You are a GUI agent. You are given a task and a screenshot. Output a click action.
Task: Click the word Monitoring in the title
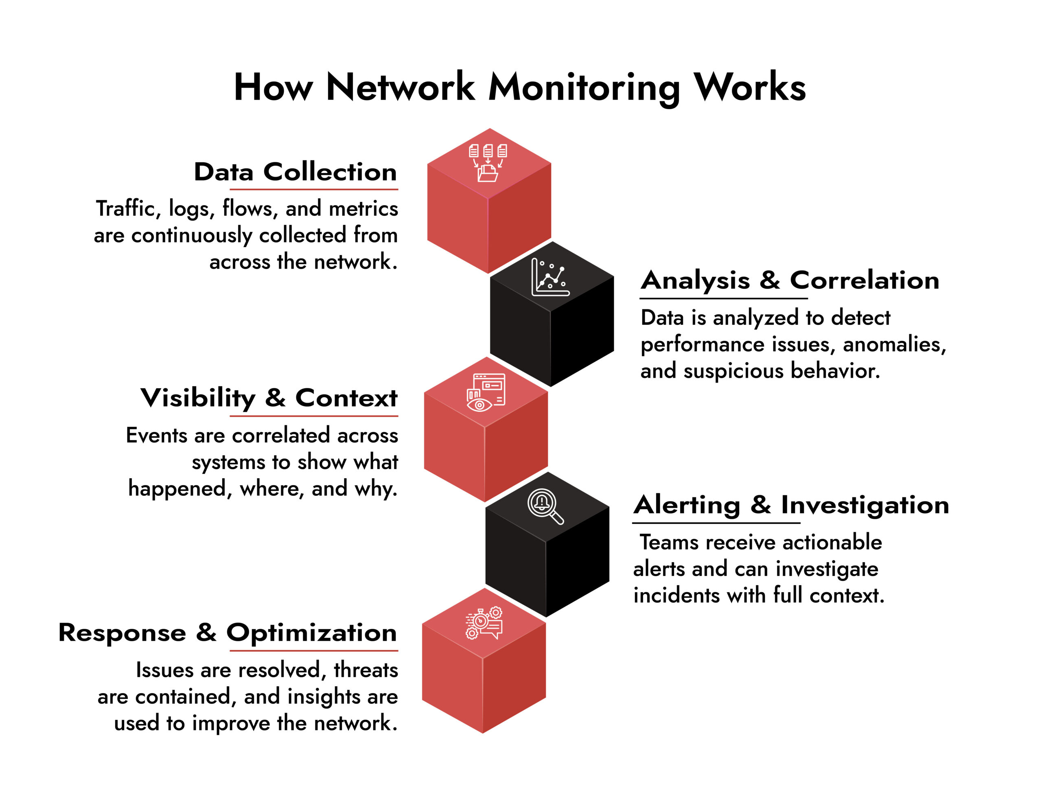pyautogui.click(x=584, y=88)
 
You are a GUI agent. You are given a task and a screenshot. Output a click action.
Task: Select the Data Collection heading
pyautogui.click(x=295, y=172)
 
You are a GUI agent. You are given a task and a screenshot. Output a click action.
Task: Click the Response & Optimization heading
pyautogui.click(x=228, y=632)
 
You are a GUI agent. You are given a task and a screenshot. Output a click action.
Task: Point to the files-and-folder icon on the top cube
pyautogui.click(x=488, y=162)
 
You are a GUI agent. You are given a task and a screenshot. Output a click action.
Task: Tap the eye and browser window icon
pyautogui.click(x=486, y=392)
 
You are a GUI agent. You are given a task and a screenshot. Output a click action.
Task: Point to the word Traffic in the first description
pyautogui.click(x=126, y=209)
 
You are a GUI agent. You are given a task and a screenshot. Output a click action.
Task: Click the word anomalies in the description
pyautogui.click(x=894, y=344)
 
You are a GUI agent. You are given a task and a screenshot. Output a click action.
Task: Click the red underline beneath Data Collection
pyautogui.click(x=314, y=189)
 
